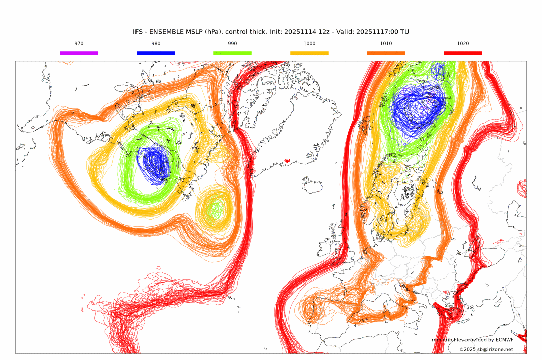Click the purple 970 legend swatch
[79, 53]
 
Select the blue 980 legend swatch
[156, 53]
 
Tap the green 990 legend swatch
[232, 53]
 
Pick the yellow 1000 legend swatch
[309, 53]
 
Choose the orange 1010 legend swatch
[386, 53]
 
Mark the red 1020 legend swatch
[463, 53]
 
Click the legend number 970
[79, 44]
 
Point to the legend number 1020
[463, 44]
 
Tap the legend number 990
[232, 44]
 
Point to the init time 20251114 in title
[300, 32]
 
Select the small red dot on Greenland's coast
[287, 161]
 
